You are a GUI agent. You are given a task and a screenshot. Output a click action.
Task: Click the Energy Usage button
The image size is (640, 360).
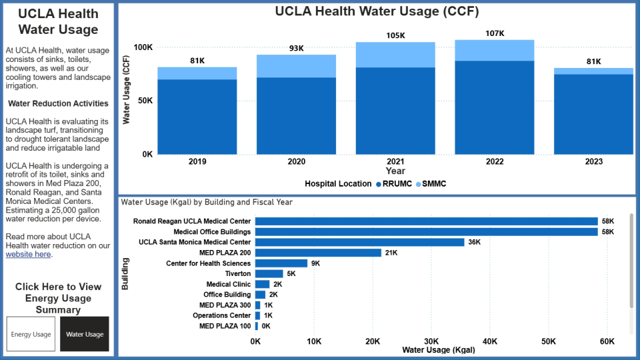tap(31, 334)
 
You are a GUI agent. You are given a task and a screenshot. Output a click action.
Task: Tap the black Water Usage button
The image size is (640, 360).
tap(85, 334)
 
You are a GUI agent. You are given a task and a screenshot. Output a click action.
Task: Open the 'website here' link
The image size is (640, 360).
tap(28, 254)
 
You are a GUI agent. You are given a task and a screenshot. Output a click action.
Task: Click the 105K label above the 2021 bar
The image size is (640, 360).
tap(395, 35)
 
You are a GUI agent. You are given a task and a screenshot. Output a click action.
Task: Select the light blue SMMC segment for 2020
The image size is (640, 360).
tap(296, 66)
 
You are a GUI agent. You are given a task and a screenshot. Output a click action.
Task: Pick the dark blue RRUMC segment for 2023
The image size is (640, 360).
tap(593, 114)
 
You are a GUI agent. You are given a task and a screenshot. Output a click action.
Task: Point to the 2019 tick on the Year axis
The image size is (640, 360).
tap(197, 162)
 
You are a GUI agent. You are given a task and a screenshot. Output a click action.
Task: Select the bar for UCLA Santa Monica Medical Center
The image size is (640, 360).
tap(359, 242)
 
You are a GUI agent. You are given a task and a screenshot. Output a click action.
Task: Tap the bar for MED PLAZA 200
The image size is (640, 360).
tap(318, 253)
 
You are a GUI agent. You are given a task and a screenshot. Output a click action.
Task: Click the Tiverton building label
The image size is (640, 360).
tap(237, 273)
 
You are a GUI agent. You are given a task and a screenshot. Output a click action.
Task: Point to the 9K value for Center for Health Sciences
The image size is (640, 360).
tap(315, 263)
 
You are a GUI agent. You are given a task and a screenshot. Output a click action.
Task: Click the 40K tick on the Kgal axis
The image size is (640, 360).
tap(489, 341)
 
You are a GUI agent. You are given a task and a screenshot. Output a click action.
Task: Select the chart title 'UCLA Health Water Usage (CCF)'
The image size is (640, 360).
tap(377, 11)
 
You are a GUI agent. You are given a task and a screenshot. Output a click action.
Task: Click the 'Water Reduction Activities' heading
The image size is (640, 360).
tap(58, 103)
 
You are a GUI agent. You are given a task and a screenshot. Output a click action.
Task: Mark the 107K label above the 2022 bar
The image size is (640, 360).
tap(495, 33)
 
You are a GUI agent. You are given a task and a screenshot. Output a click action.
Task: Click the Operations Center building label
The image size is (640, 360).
tap(221, 315)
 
